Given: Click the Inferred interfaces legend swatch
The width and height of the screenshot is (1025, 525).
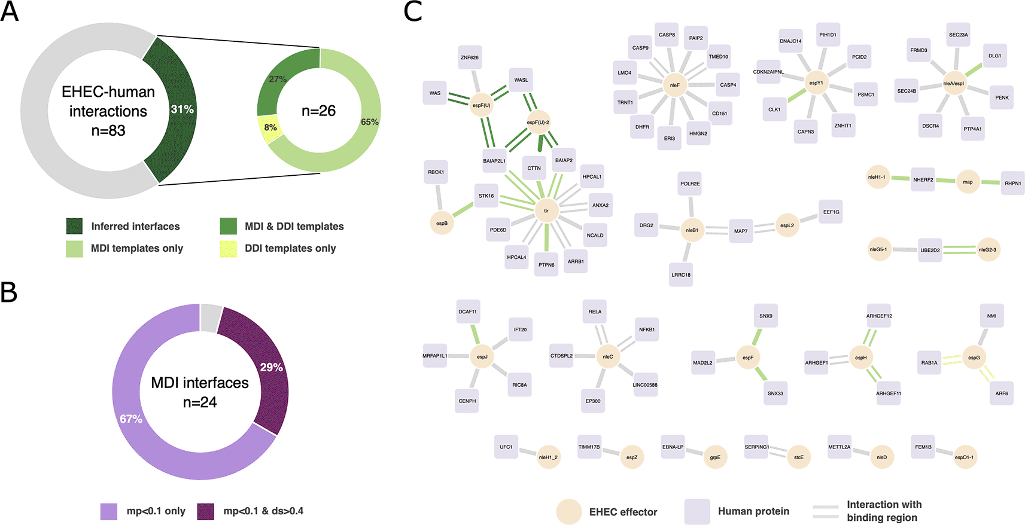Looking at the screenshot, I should pyautogui.click(x=75, y=226).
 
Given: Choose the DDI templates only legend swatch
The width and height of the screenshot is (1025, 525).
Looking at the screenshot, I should pyautogui.click(x=229, y=248).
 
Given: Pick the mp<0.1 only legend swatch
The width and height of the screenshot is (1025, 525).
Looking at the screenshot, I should pyautogui.click(x=109, y=511).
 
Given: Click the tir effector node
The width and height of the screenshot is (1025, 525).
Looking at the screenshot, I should pyautogui.click(x=546, y=210).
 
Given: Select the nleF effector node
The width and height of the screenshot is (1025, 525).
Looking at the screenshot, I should pyautogui.click(x=674, y=85).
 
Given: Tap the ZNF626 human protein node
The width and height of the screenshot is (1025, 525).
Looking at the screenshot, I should pyautogui.click(x=470, y=57).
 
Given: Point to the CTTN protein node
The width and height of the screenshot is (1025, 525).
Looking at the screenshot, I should pyautogui.click(x=534, y=168).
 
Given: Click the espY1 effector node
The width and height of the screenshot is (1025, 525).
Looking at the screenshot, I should pyautogui.click(x=816, y=83).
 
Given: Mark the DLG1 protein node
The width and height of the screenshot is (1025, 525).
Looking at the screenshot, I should pyautogui.click(x=994, y=56).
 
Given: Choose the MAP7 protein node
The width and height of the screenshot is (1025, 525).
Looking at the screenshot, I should pyautogui.click(x=741, y=231).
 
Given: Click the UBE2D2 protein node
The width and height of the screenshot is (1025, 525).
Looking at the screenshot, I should pyautogui.click(x=930, y=250).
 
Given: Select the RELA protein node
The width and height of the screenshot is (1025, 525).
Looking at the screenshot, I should pyautogui.click(x=595, y=312).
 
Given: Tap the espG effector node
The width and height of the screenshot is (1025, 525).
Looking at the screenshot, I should pyautogui.click(x=974, y=358).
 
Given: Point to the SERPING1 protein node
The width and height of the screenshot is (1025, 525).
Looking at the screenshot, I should pyautogui.click(x=757, y=447).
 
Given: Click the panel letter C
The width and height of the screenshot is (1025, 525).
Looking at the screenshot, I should pyautogui.click(x=413, y=12).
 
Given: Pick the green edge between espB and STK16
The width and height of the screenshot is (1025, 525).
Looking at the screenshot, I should pyautogui.click(x=463, y=209).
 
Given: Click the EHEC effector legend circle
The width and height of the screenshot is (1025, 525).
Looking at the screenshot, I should pyautogui.click(x=569, y=512).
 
